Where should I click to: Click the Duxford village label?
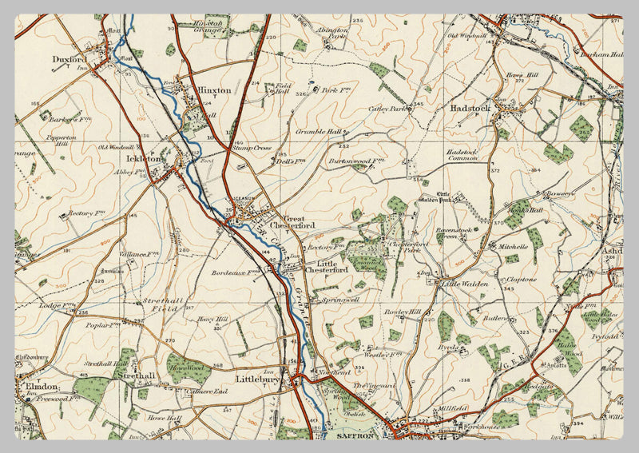point(69,58)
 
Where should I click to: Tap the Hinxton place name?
point(214,90)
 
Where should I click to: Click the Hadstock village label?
point(472,105)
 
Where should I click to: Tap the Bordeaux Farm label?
point(237,272)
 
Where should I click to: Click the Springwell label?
point(339,300)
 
